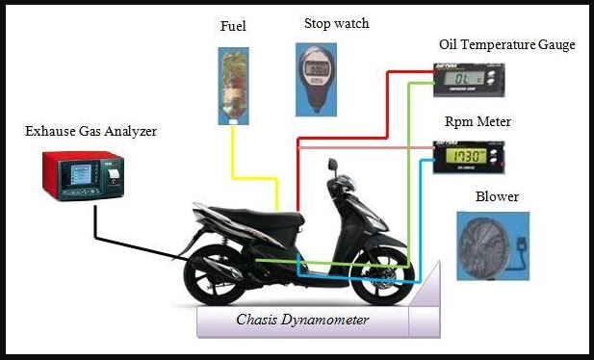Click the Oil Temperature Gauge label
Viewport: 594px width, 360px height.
pyautogui.click(x=506, y=45)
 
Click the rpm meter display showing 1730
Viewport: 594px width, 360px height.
pyautogui.click(x=466, y=156)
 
